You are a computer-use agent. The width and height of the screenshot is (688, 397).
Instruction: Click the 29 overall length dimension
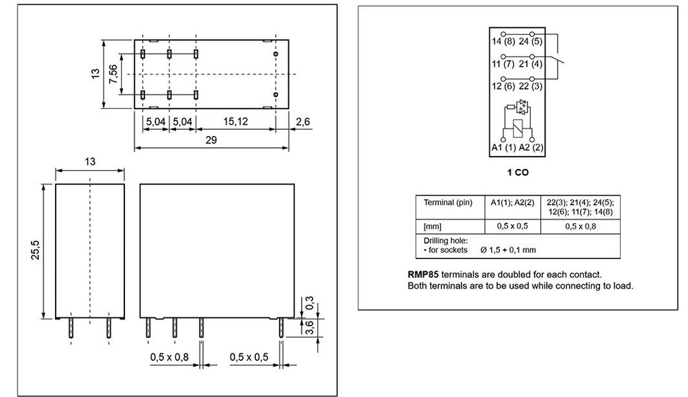212,140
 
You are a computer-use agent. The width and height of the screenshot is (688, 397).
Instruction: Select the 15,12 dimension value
236,122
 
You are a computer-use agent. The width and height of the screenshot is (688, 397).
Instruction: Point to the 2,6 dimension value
302,122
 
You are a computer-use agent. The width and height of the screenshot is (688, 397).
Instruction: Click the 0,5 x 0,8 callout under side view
169,356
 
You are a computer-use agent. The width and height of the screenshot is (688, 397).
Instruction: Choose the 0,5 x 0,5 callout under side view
249,356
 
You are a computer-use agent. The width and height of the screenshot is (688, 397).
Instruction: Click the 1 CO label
517,173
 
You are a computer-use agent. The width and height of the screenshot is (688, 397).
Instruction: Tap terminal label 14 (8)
503,42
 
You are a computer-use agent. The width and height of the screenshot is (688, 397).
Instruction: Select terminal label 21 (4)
530,64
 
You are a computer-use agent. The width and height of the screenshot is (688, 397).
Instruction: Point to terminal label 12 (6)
503,86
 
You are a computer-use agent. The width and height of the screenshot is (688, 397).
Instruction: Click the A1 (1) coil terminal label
503,147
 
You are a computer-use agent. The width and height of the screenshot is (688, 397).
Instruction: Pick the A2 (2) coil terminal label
531,147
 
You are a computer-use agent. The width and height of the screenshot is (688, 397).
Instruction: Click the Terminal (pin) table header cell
448,203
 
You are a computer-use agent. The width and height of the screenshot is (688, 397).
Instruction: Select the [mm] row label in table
432,226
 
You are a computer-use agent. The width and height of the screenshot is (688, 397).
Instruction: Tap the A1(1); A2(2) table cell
511,203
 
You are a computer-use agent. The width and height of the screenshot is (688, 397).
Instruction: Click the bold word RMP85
423,275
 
